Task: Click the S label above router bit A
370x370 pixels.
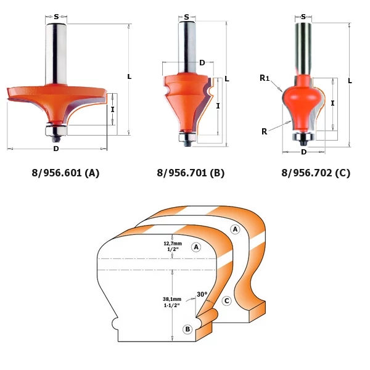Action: click(56, 17)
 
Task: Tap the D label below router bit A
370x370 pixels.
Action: click(56, 149)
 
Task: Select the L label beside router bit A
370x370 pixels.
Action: click(129, 76)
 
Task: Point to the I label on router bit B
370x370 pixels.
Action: click(218, 106)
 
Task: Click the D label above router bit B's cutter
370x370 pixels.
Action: click(202, 63)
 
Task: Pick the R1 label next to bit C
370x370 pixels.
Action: click(265, 78)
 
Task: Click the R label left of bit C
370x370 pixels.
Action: click(265, 131)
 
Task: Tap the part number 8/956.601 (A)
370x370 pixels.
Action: click(65, 173)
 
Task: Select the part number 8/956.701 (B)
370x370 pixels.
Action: click(191, 173)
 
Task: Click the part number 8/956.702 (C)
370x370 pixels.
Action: click(316, 173)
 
